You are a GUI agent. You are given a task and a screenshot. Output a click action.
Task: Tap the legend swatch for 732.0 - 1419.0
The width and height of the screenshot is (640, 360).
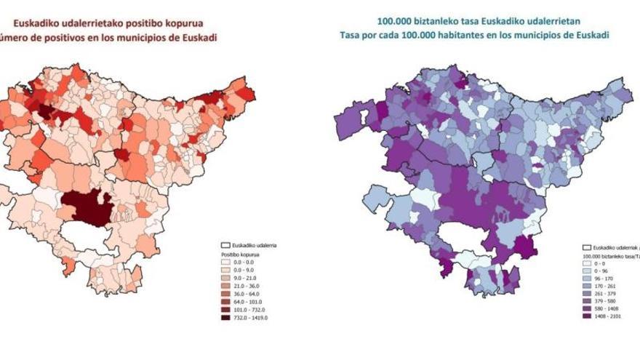click(225, 318)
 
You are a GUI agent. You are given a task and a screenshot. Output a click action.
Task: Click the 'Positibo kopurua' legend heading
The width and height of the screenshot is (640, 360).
click(239, 255)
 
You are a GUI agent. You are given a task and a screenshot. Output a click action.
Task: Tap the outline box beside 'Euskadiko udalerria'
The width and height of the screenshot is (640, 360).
click(225, 246)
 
